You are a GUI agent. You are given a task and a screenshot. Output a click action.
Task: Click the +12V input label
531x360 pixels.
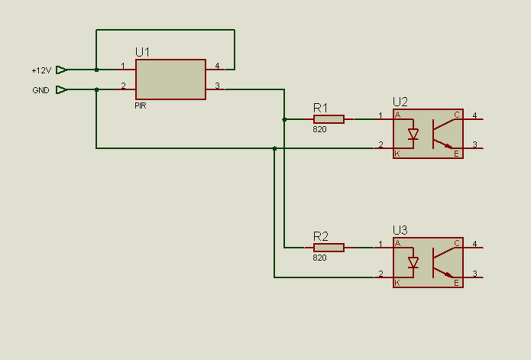pos(41,70)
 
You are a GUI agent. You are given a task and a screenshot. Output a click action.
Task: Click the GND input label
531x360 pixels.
pos(40,90)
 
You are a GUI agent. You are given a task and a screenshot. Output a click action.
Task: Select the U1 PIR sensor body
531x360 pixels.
pos(170,79)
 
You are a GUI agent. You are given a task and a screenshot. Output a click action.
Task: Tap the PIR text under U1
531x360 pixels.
pos(142,107)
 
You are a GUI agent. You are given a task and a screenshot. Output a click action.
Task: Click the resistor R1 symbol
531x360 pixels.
pos(329,119)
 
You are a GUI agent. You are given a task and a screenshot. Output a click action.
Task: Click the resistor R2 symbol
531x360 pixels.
pos(329,248)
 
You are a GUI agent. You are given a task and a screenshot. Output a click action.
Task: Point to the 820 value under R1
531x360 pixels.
pos(319,130)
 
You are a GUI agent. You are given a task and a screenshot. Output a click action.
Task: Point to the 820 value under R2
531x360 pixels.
pos(319,258)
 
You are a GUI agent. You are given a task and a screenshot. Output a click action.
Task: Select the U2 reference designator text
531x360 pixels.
pos(400,102)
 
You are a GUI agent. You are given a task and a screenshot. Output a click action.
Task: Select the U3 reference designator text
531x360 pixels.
pos(400,230)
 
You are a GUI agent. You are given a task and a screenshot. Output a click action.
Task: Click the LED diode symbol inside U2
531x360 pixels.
pos(413,135)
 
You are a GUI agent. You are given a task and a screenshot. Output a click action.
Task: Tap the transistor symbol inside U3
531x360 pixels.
pos(442,261)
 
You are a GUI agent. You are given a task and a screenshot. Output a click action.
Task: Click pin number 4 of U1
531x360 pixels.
pos(217,66)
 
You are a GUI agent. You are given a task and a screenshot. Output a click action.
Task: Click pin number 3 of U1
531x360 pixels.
pos(217,86)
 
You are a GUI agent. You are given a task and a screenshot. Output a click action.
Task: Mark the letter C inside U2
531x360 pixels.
pos(457,115)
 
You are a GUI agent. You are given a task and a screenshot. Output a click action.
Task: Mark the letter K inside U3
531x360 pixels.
pos(397,283)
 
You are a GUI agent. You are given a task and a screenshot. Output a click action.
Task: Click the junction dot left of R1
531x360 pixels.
pos(284,119)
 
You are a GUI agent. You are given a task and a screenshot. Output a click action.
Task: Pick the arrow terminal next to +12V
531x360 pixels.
pos(61,70)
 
